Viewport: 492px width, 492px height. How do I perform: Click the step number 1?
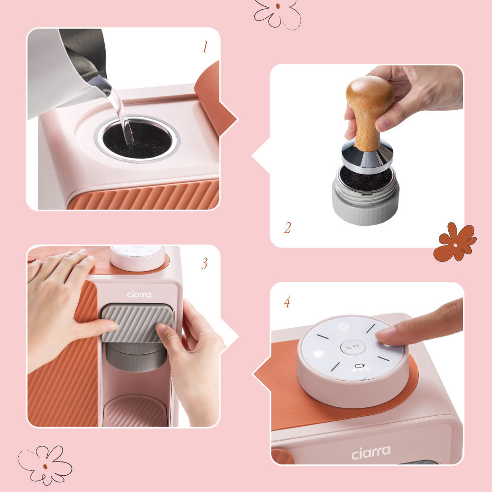(205, 48)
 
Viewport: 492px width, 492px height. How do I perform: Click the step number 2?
(287, 228)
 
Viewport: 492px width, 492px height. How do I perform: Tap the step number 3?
(204, 264)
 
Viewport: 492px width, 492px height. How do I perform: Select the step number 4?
(287, 302)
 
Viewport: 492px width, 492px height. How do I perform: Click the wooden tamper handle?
(369, 108)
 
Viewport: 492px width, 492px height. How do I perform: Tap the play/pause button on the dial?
(349, 347)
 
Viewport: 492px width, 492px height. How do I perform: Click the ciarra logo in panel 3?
(139, 294)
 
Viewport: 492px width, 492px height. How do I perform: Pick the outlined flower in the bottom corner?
(45, 464)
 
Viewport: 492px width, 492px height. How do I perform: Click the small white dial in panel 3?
(137, 257)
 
